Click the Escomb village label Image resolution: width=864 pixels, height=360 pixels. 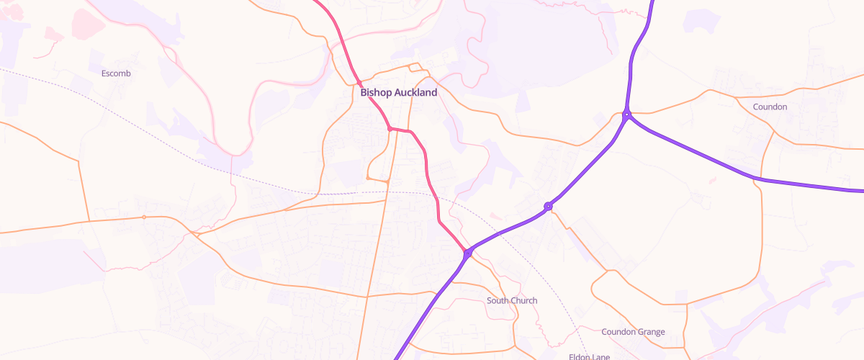pos(116,73)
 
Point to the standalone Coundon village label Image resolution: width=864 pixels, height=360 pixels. pos(770,107)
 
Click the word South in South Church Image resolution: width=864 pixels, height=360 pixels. pos(498,300)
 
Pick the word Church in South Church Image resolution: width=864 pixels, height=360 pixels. pos(524,300)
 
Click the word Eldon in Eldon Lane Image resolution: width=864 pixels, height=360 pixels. pos(580,356)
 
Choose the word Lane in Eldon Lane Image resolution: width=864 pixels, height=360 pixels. pos(601,356)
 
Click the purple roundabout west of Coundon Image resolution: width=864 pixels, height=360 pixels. pos(627,114)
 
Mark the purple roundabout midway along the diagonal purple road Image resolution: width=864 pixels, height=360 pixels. pos(548,207)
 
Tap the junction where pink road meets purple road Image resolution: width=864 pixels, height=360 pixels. pos(468,253)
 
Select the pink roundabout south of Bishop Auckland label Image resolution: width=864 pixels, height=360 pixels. pos(390,129)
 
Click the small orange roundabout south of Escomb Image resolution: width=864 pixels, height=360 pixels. pos(144,217)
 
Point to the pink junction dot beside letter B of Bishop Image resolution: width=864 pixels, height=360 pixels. pos(359,84)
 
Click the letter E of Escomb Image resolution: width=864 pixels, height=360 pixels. pos(104,73)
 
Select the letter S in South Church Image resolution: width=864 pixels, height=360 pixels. pos(490,300)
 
